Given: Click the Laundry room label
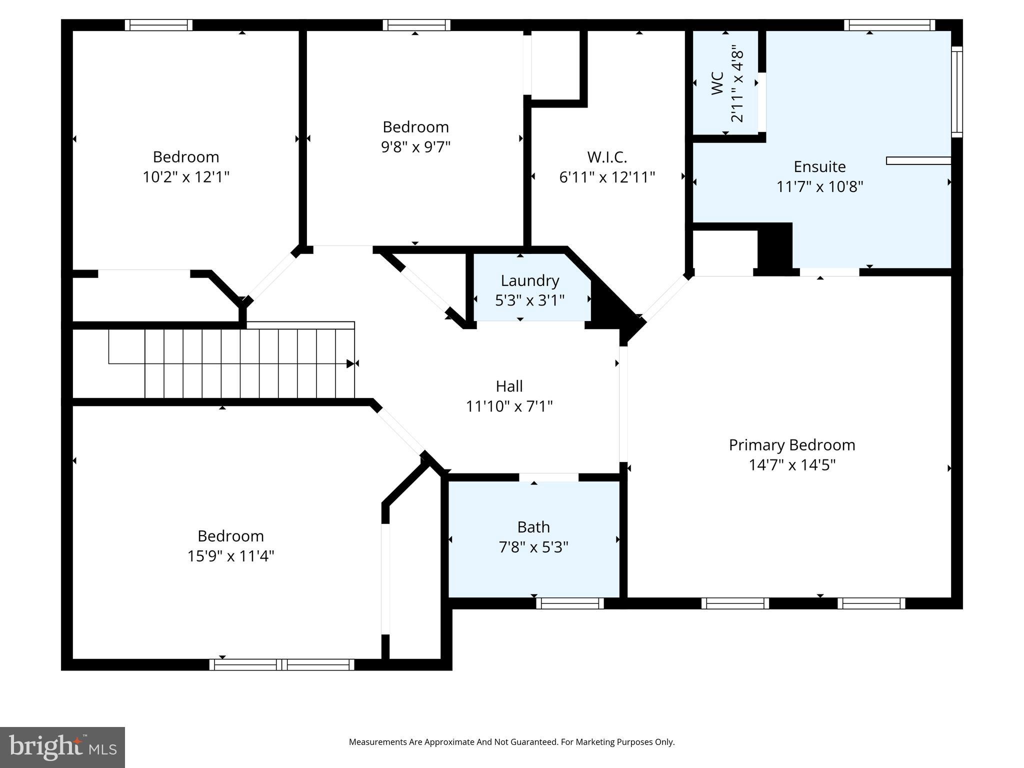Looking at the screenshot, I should point(529,280).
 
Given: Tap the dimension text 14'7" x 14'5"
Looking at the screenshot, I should point(792,465).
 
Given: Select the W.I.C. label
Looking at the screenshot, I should point(606,157).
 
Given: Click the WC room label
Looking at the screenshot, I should point(717,83).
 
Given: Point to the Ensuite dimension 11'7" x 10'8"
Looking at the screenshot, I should point(819,186).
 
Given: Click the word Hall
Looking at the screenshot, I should point(509,386).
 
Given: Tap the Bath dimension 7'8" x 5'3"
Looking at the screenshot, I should point(533,547).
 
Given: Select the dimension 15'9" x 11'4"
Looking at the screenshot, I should point(230,556).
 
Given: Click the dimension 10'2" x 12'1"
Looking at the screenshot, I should point(185,177).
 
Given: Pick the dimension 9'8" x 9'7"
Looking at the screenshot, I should point(415,147).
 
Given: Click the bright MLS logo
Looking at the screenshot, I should point(62,747).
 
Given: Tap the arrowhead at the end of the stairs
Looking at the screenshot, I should point(350,363).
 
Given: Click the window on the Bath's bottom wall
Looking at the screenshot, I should point(570,603).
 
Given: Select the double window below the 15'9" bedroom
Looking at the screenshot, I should point(282,664).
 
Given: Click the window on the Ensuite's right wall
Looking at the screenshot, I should point(956,91).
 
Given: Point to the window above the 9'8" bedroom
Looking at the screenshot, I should point(416,25).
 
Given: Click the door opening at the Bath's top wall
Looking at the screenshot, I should point(548,477).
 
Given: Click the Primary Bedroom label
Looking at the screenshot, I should point(791,444).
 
